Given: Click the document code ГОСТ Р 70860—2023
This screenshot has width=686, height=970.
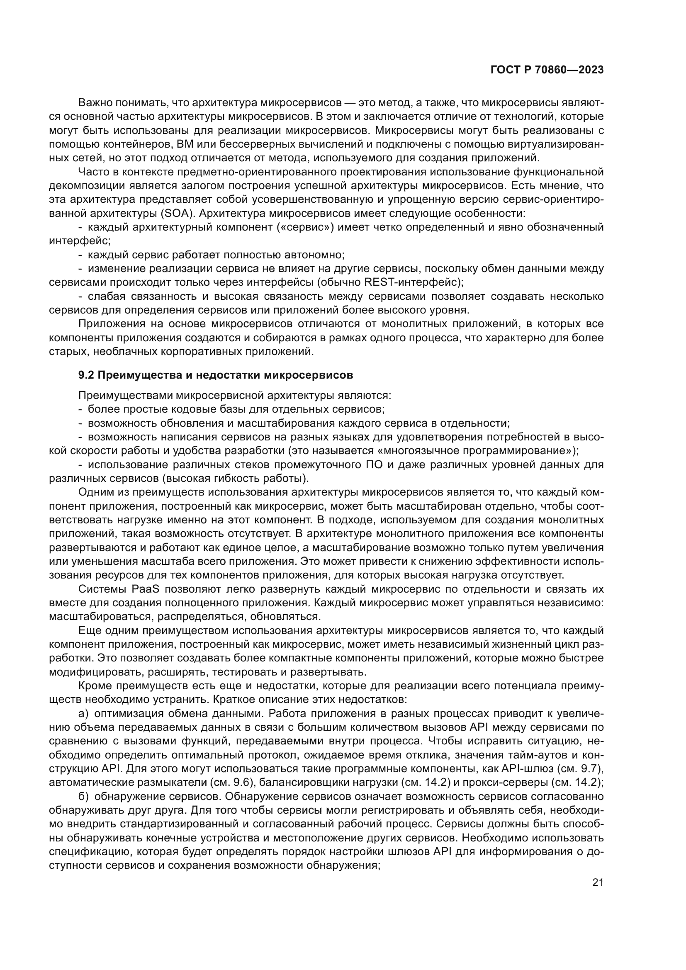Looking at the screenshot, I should pyautogui.click(x=547, y=70).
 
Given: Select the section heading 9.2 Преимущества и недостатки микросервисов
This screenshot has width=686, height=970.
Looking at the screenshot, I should pyautogui.click(x=215, y=375).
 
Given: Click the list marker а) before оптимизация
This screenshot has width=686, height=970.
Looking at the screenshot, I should pyautogui.click(x=84, y=714).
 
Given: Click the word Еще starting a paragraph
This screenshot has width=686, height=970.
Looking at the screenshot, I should pyautogui.click(x=88, y=631).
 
